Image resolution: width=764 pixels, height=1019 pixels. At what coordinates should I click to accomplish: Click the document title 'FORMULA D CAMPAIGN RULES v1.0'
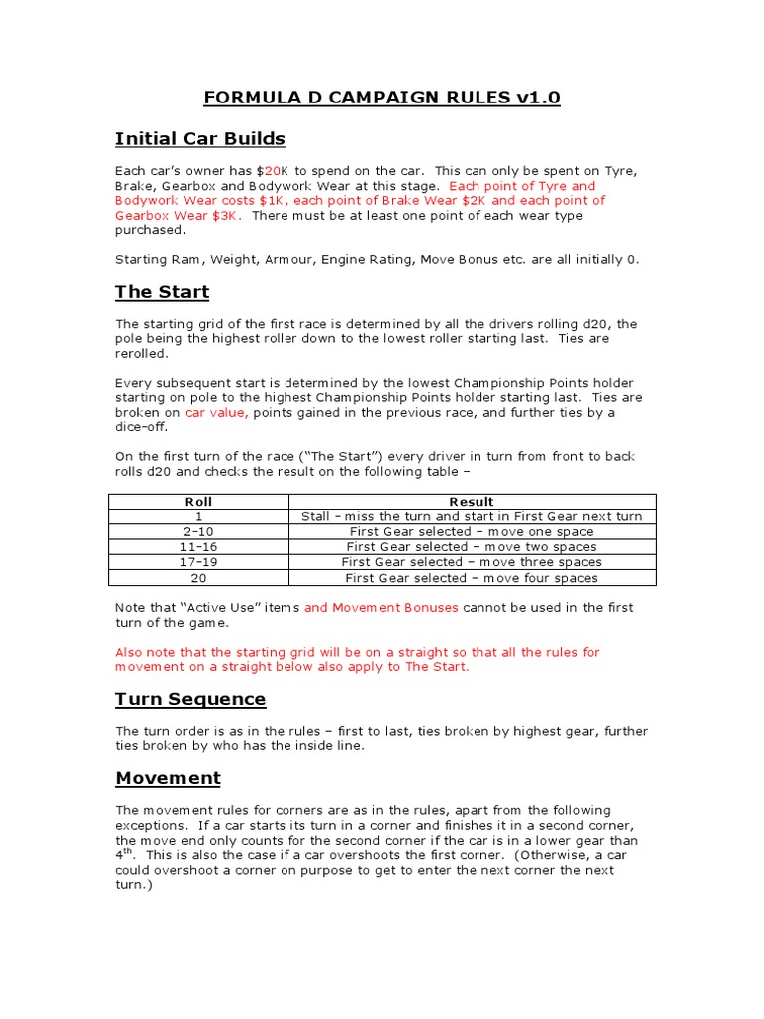click(x=382, y=98)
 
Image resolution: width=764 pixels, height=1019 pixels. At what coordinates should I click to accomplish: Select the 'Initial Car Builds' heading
click(x=200, y=138)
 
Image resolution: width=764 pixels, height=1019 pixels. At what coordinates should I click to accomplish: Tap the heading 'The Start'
click(x=162, y=292)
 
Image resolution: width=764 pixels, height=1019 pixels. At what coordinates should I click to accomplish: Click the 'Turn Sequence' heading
click(x=191, y=699)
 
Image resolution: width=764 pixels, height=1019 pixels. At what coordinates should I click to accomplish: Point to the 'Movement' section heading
click(x=168, y=777)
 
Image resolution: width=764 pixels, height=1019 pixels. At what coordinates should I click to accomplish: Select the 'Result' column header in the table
click(x=471, y=502)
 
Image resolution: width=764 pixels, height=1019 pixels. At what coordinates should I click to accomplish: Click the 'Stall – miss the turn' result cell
click(x=471, y=516)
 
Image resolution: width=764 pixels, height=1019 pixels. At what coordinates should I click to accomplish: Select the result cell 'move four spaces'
click(x=471, y=578)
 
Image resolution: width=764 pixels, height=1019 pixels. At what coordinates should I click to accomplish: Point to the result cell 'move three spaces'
click(x=471, y=562)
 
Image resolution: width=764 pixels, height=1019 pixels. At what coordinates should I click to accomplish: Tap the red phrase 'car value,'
click(x=216, y=412)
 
